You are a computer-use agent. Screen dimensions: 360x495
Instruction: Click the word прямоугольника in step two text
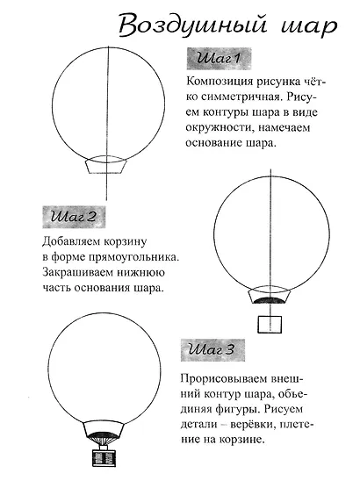[128, 256]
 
